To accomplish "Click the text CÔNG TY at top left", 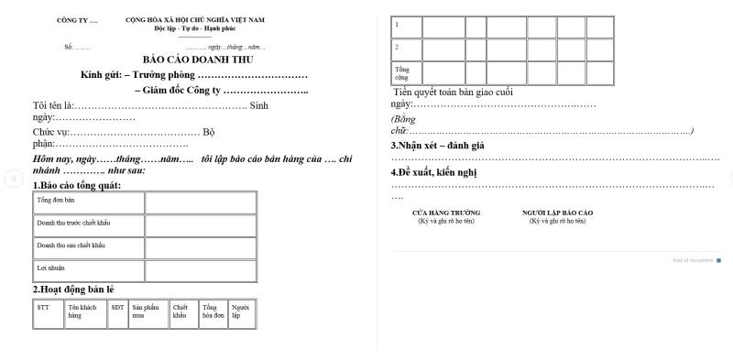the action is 77,20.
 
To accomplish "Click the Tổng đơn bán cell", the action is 56,199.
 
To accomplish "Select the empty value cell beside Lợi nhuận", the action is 200,268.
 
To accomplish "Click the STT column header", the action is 43,308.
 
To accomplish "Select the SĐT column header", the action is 117,308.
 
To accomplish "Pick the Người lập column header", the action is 240,311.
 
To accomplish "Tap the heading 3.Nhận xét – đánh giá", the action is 438,146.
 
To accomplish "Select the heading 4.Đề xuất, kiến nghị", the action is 434,172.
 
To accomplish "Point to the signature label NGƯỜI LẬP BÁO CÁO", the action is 557,213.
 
